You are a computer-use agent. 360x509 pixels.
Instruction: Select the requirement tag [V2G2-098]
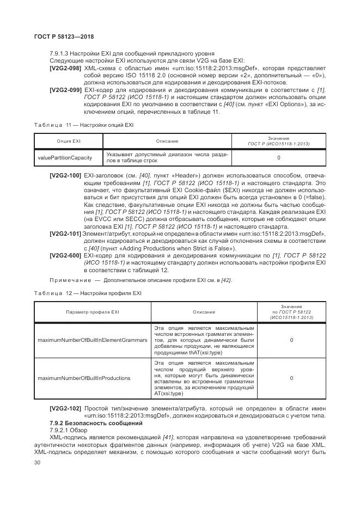(x=65, y=70)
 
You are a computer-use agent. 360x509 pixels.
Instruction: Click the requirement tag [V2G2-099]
(x=65, y=89)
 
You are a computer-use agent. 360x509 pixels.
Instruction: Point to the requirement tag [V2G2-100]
(x=65, y=176)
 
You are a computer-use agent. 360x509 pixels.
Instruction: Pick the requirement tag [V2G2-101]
(x=65, y=234)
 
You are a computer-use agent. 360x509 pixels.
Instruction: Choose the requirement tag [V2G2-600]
(x=65, y=255)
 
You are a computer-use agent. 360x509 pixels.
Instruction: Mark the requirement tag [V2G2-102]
(x=65, y=408)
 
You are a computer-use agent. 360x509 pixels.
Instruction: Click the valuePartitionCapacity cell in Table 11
(x=64, y=158)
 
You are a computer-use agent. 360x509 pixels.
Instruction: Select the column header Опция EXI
(x=69, y=141)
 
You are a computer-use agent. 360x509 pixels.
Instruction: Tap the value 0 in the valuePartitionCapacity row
(x=278, y=158)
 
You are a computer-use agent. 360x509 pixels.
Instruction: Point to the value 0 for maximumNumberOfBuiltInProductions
(x=291, y=378)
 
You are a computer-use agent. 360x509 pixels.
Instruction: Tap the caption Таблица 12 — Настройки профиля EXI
(x=88, y=293)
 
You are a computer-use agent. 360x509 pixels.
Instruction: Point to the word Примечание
(x=69, y=280)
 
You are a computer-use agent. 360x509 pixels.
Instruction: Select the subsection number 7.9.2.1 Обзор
(x=64, y=430)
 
